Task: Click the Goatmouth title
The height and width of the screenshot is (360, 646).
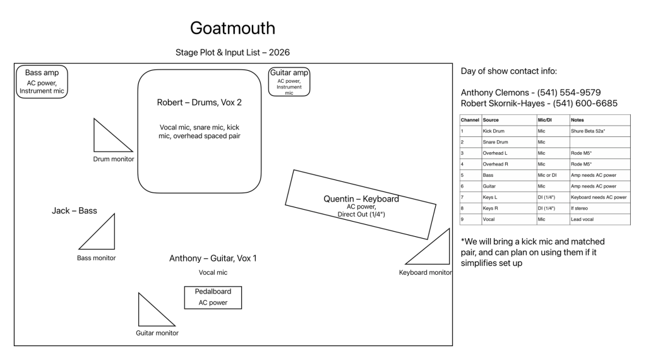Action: pyautogui.click(x=232, y=28)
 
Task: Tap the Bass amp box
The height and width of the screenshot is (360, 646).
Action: pyautogui.click(x=42, y=82)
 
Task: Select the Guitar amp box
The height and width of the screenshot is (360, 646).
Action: pyautogui.click(x=289, y=82)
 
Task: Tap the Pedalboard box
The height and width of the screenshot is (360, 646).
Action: pyautogui.click(x=213, y=297)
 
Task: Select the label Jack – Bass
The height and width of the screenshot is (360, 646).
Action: pyautogui.click(x=75, y=210)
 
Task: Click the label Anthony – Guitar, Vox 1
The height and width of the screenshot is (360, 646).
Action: pyautogui.click(x=213, y=258)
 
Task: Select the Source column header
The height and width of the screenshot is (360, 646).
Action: pyautogui.click(x=491, y=119)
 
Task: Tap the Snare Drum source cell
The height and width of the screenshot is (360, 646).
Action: pyautogui.click(x=496, y=142)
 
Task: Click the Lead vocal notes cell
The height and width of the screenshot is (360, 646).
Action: pyautogui.click(x=585, y=220)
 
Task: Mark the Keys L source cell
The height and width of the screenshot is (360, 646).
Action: pyautogui.click(x=491, y=197)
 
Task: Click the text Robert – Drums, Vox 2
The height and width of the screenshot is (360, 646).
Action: pyautogui.click(x=199, y=102)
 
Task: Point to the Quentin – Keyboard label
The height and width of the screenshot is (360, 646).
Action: pyautogui.click(x=361, y=199)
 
